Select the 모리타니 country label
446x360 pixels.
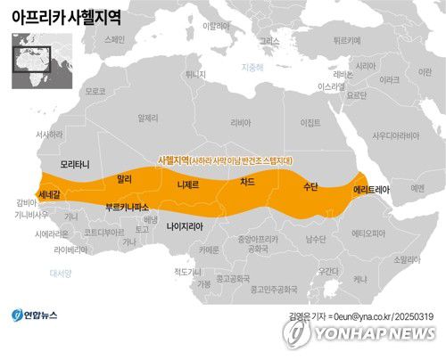click(76, 165)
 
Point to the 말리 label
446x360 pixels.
click(125, 179)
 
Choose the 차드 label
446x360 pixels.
click(247, 182)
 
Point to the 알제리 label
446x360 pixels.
click(148, 118)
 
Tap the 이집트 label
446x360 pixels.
click(310, 122)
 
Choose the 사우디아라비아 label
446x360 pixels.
click(395, 135)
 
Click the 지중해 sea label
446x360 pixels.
click(253, 69)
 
